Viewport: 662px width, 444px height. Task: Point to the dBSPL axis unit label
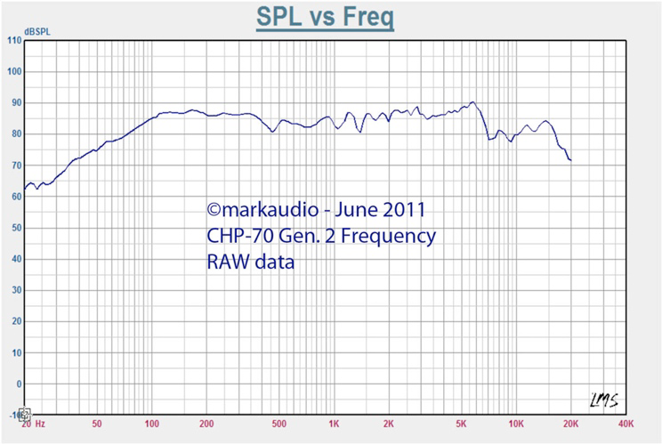[x=36, y=31]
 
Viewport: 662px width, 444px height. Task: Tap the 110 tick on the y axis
[x=14, y=41]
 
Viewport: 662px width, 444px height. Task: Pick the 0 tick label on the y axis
[x=18, y=383]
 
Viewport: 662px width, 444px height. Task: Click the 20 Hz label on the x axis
[x=33, y=424]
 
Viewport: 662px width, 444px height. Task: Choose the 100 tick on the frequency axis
[x=151, y=424]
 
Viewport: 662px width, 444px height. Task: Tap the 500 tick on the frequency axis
[x=279, y=424]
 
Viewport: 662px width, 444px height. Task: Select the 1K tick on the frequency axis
[x=334, y=424]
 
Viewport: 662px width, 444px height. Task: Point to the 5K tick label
[x=461, y=424]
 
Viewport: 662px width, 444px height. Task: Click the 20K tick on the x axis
[x=570, y=424]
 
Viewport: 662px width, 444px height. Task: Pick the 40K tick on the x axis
[x=626, y=424]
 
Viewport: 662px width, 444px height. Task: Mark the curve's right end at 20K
[x=570, y=160]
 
